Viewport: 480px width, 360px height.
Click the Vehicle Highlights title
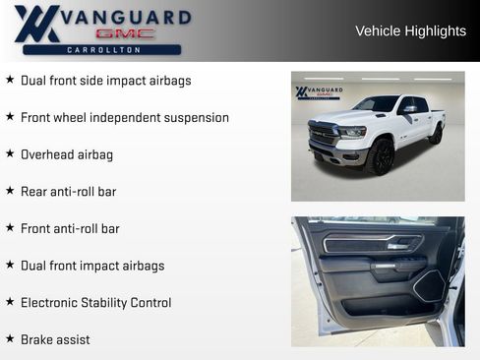click(x=410, y=31)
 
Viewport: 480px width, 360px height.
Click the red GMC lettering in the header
click(x=124, y=33)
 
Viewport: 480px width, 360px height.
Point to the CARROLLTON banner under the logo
click(x=102, y=49)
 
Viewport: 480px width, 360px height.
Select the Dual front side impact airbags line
click(x=106, y=81)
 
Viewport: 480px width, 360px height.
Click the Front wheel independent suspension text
click(x=125, y=118)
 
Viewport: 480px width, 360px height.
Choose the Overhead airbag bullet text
click(x=67, y=154)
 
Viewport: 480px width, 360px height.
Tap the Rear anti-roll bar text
click(x=68, y=192)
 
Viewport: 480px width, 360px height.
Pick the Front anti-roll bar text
click(x=70, y=229)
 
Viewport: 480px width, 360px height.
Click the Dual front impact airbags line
click(x=92, y=266)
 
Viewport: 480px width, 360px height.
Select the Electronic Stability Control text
click(x=95, y=303)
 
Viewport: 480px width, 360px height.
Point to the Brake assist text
click(x=55, y=339)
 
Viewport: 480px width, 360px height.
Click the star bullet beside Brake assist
click(x=10, y=339)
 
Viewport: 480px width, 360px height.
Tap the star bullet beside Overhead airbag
click(x=10, y=154)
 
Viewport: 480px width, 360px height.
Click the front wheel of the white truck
click(x=382, y=157)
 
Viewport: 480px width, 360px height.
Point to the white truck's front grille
click(x=324, y=136)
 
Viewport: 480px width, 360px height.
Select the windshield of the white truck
click(x=380, y=104)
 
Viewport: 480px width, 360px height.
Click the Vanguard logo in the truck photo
click(x=319, y=92)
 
